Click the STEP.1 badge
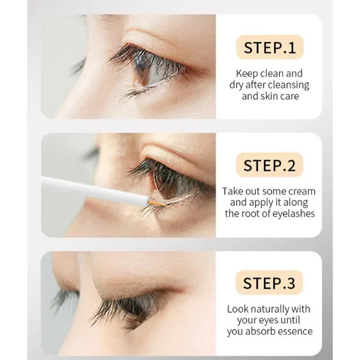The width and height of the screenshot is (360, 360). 270,48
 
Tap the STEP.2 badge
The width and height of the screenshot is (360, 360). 270,165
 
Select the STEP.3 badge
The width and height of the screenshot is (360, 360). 269,283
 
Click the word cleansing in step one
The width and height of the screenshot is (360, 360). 289,85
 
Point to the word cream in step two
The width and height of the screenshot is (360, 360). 300,191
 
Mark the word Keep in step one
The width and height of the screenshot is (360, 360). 246,73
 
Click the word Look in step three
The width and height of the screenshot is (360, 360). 237,309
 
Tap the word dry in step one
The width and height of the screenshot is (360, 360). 238,85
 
